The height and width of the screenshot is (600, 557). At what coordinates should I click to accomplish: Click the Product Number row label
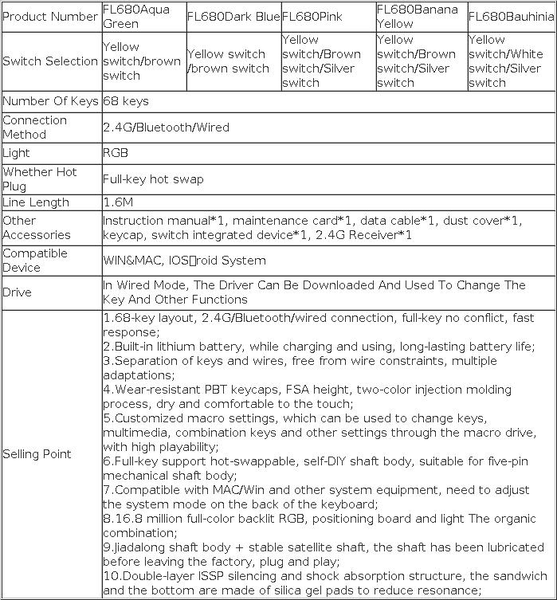(51, 17)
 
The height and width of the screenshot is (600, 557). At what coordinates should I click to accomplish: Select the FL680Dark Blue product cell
(233, 17)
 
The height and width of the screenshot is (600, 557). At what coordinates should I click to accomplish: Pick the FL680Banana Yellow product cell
(418, 17)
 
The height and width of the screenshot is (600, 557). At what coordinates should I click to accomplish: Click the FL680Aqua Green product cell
(136, 17)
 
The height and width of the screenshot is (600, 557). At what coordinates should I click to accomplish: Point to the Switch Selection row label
(51, 61)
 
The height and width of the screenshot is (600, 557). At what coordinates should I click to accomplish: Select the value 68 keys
(126, 101)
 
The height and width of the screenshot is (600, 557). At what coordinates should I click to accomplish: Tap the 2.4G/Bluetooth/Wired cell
(166, 127)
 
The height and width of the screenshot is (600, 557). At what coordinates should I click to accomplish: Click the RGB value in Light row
(116, 153)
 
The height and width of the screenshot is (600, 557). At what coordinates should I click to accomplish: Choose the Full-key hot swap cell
(153, 179)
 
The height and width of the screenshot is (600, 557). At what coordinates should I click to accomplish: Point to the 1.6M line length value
(119, 202)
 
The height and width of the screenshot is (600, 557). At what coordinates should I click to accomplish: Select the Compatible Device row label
(35, 261)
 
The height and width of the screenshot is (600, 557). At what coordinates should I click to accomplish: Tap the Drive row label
(17, 292)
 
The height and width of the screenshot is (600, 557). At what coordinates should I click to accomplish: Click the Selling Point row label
(37, 454)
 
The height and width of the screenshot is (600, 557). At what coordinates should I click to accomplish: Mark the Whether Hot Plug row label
(40, 179)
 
